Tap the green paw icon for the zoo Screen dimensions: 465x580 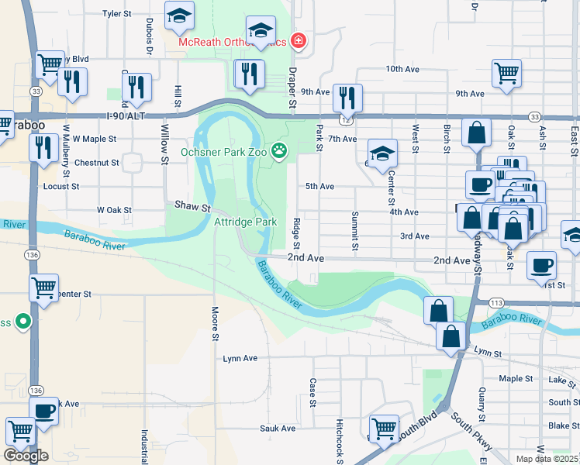click(278, 150)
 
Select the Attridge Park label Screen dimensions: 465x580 click(245, 222)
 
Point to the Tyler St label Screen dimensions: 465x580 click(118, 14)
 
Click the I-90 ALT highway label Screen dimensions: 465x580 click(126, 115)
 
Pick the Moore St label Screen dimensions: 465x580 click(216, 324)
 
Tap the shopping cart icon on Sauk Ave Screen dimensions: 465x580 click(384, 428)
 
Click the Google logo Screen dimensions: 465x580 click(26, 456)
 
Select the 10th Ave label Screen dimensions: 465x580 click(402, 69)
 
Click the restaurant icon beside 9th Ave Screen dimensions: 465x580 click(347, 97)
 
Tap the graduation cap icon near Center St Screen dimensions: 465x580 click(382, 153)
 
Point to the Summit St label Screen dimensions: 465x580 click(355, 231)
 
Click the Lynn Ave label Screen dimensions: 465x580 click(240, 359)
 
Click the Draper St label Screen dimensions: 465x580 click(292, 91)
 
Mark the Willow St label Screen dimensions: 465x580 click(164, 139)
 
